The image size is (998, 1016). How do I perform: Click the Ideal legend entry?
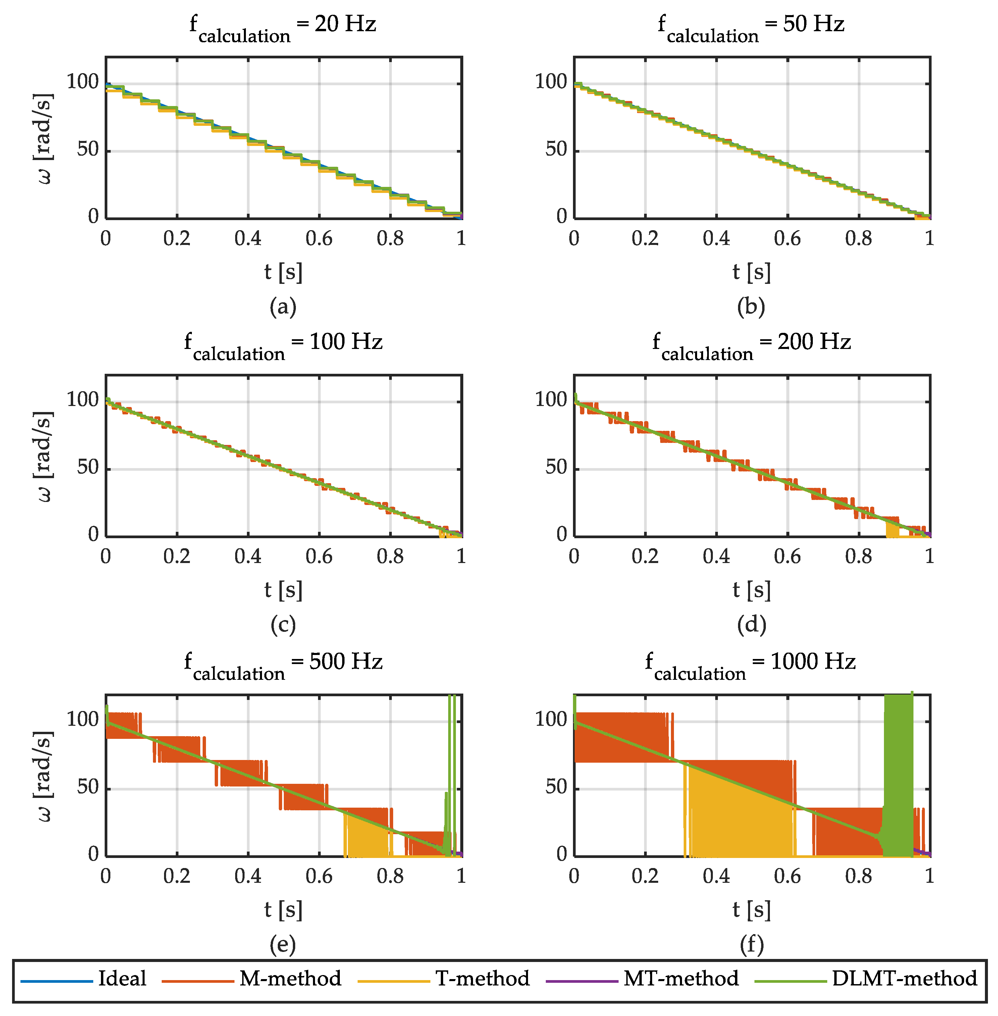121,978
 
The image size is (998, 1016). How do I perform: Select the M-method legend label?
290,978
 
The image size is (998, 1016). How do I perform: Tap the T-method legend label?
482,978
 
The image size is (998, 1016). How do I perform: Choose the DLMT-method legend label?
904,978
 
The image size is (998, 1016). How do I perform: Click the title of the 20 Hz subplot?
283,26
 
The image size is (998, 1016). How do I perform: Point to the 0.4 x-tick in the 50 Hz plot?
716,239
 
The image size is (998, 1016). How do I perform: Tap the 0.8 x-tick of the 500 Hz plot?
390,876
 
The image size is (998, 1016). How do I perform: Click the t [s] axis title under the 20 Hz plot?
283,272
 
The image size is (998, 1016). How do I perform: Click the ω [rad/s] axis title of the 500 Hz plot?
45,775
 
